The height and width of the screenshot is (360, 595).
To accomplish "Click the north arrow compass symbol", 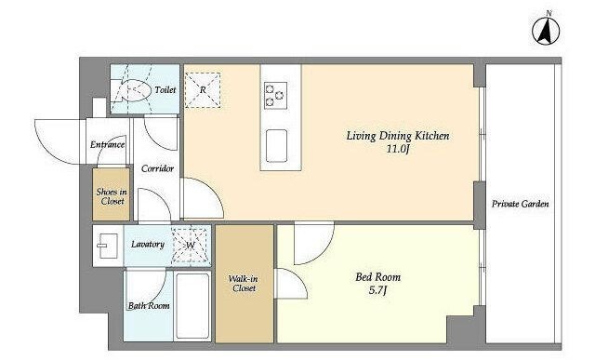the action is (x=546, y=31).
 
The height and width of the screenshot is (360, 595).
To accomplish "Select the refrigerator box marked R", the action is (x=203, y=90).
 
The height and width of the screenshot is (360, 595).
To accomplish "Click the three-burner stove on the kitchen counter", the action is (x=275, y=95).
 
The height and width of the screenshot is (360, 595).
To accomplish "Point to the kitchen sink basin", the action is (x=276, y=146).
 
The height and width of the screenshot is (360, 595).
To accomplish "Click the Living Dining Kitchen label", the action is (x=398, y=136).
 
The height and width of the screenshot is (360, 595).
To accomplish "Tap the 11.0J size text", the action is (x=398, y=149).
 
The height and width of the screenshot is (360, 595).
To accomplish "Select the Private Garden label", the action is (x=521, y=204).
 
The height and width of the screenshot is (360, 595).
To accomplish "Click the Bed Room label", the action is (x=378, y=277).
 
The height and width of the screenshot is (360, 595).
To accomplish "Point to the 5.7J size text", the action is (x=378, y=291).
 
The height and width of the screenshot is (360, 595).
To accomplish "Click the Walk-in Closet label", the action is (x=244, y=284).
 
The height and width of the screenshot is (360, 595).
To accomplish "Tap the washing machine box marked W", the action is (x=191, y=245).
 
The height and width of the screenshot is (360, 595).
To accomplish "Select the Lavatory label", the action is (x=148, y=244).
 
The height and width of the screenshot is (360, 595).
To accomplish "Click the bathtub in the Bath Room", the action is (x=192, y=306).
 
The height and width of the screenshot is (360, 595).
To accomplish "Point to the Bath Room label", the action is (x=149, y=306).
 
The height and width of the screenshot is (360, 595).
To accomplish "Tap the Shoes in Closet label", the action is (x=112, y=196).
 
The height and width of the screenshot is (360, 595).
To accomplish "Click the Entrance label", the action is (x=108, y=145).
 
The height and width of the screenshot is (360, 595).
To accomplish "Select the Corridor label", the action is (x=157, y=168).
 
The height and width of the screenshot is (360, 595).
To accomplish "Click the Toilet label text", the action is (x=165, y=90).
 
